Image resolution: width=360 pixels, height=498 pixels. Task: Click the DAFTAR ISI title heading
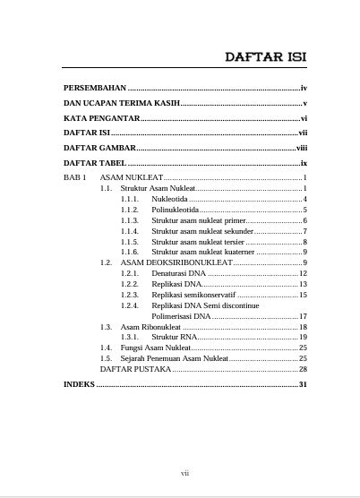tap(265, 57)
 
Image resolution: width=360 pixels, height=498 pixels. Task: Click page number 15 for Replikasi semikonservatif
tap(303, 295)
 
